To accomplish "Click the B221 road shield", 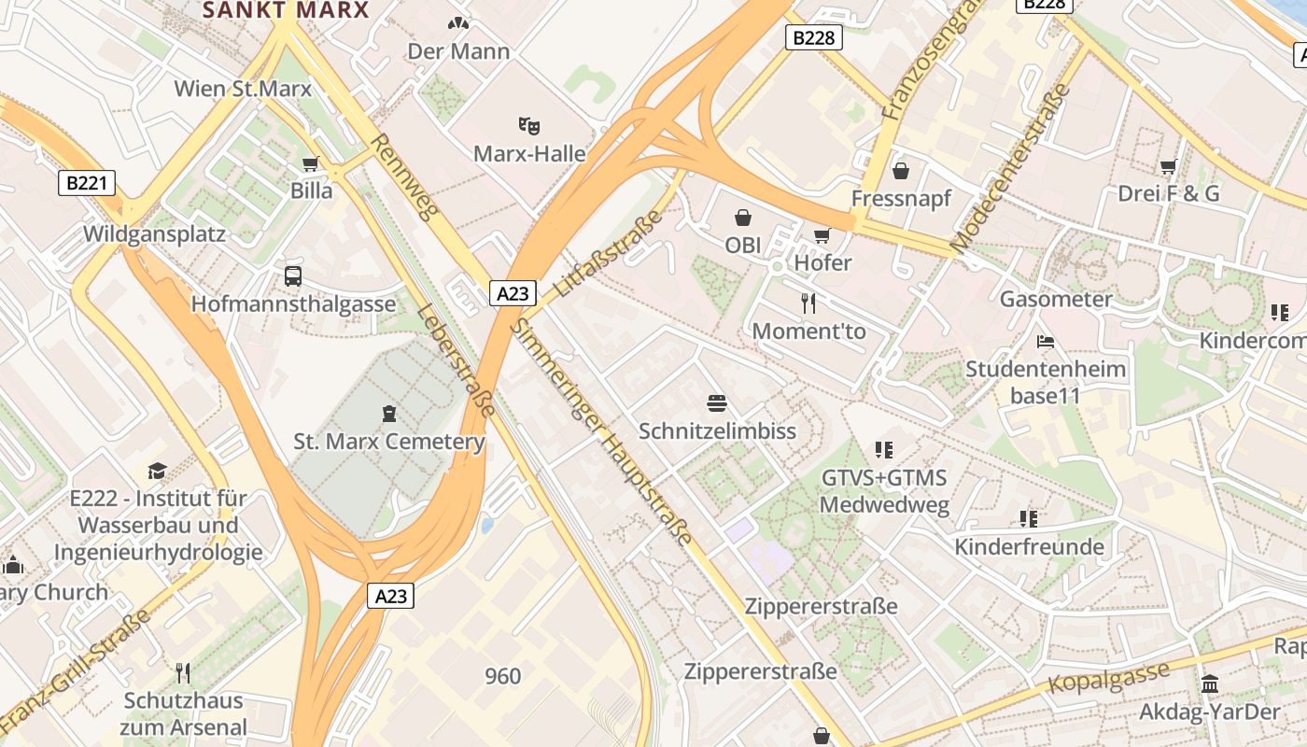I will point(88,183).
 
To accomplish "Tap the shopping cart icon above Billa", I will point(311,163).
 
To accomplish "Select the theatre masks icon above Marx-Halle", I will point(529,124).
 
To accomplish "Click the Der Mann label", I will point(458,51).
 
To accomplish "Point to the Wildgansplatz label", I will point(154,233).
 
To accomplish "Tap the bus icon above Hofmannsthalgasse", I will point(293,275).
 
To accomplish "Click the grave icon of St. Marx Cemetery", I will point(388,413).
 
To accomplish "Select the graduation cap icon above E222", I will point(157,472).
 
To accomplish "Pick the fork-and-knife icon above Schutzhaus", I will point(183,672).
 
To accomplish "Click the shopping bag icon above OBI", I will point(743,218).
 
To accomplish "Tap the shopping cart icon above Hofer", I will point(822,235).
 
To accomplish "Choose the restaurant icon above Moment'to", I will point(808,303).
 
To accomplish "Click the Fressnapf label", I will point(901,198).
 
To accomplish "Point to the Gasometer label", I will point(1056,299).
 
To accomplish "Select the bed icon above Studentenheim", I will point(1046,342).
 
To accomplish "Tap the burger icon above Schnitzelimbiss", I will point(717,403).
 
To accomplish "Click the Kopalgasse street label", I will point(1108,678).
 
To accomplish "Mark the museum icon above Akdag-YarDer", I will point(1210,684).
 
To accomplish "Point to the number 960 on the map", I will point(503,676).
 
